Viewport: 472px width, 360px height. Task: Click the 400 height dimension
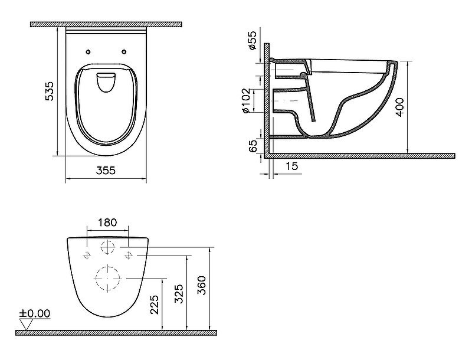pos(402,106)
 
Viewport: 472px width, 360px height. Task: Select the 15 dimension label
pos(291,167)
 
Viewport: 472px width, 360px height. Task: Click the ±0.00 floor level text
pos(35,313)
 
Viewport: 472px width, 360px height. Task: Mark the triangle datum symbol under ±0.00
pos(25,323)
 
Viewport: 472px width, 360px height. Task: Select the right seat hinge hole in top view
pos(124,50)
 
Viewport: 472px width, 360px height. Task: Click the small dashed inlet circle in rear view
pos(108,247)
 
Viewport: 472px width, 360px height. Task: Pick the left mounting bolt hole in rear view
pos(87,255)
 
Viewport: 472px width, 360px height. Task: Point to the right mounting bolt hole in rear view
pos(129,255)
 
